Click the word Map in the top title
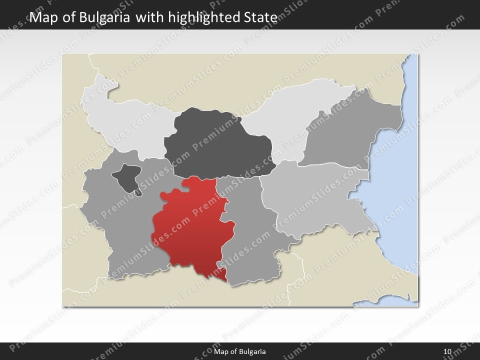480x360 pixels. point(41,17)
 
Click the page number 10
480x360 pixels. point(447,351)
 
